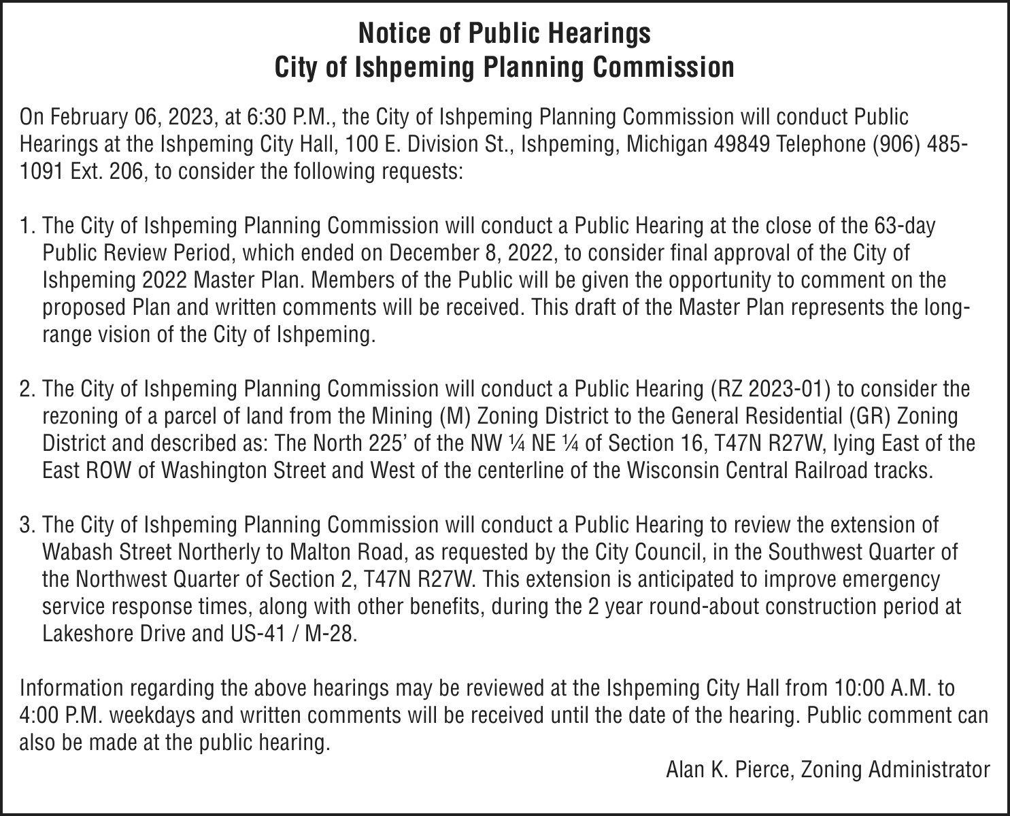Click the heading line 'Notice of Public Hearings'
pyautogui.click(x=504, y=33)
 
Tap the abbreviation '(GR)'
pyautogui.click(x=868, y=416)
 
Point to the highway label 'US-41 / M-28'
pyautogui.click(x=288, y=634)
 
